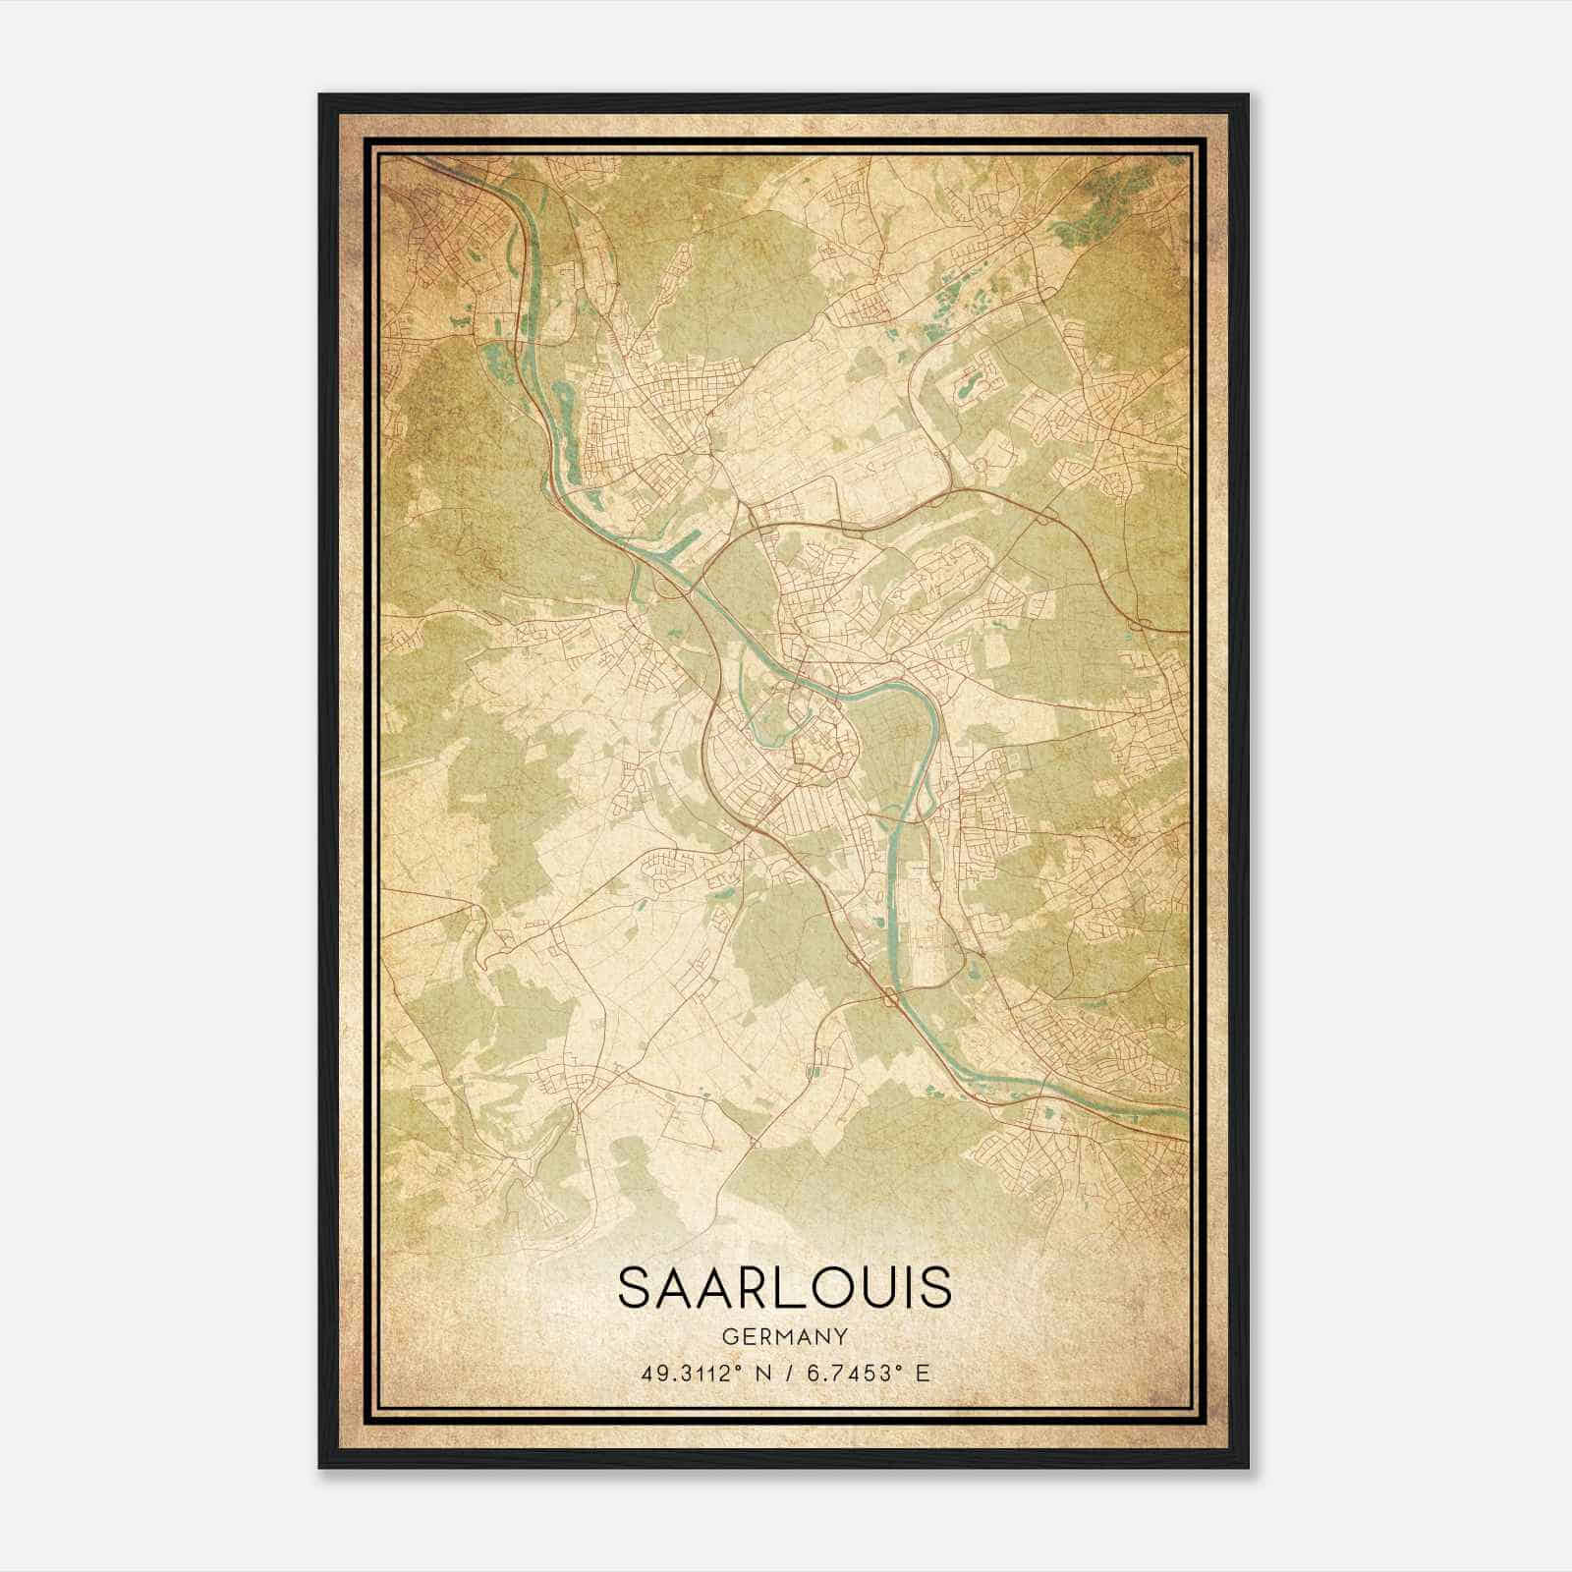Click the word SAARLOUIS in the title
click(784, 1288)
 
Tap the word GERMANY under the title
click(784, 1336)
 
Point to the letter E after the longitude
click(921, 1374)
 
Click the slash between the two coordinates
click(786, 1374)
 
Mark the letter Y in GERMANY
click(841, 1336)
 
